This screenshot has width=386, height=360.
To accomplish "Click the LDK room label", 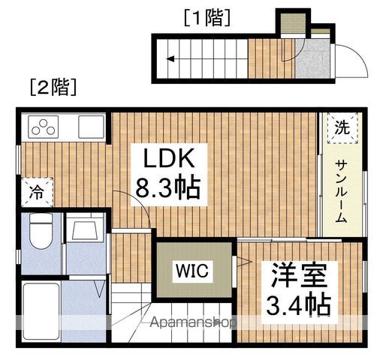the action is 169,157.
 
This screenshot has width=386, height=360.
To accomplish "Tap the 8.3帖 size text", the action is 168,188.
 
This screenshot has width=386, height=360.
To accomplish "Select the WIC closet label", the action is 192,271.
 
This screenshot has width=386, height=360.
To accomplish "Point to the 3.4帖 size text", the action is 299,305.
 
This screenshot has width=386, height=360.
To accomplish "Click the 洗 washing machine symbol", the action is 342,128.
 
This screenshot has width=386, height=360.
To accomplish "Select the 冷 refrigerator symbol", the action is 37,192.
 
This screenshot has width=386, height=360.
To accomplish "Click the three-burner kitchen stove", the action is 43,127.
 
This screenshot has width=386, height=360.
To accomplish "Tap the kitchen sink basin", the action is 91,127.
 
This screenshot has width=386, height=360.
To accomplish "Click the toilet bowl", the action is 41,231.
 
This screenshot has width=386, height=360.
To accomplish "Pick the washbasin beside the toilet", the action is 85,228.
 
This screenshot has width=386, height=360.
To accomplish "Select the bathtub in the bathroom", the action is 41,311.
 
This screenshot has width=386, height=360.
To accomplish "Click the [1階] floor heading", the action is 207,17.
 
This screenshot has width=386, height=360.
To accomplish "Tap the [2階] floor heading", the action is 53,87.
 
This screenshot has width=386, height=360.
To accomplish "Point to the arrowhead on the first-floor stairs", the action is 170,59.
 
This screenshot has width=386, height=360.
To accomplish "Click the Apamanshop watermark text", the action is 193,322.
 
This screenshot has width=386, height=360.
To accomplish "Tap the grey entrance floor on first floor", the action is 312,58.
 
